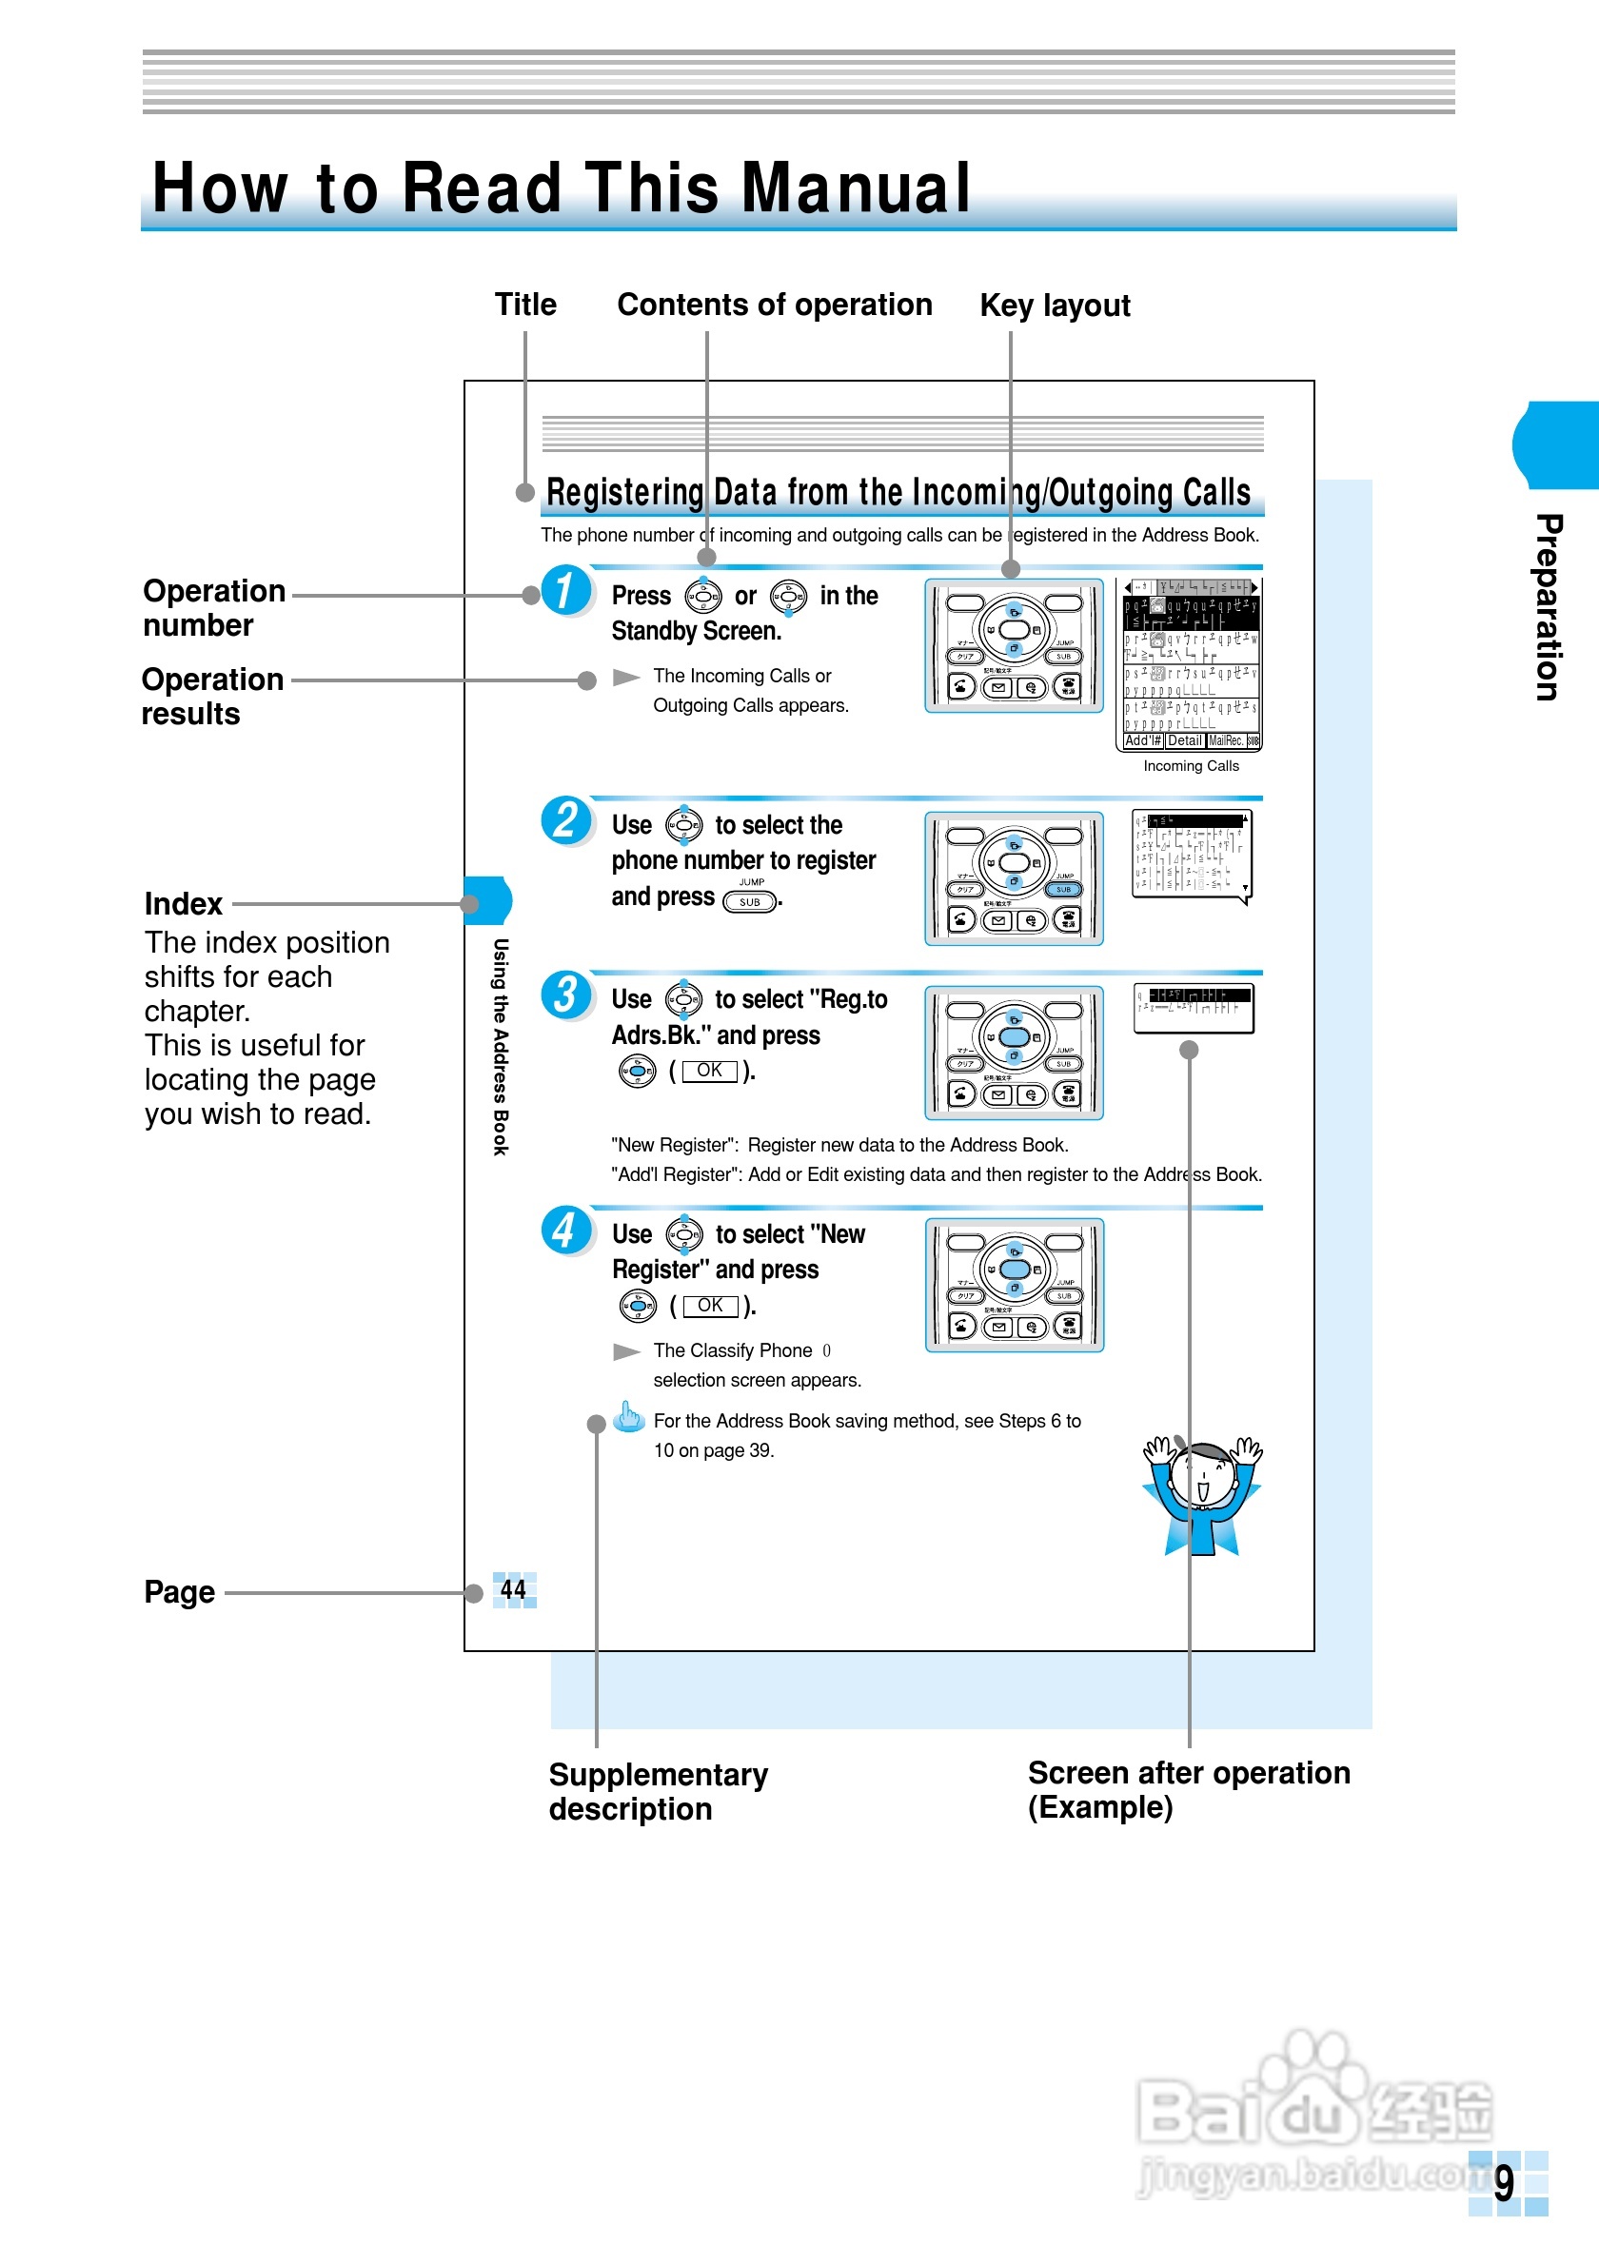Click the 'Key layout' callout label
coord(1055,305)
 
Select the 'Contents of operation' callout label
coord(775,305)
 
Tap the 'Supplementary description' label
coord(658,1791)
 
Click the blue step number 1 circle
coord(566,590)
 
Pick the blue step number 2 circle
coord(566,820)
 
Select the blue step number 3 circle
coord(566,995)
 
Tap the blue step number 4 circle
coord(566,1231)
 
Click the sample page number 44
coord(513,1589)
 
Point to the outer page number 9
coord(1503,2183)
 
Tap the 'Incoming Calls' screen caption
coord(1191,766)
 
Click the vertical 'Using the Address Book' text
coord(501,1047)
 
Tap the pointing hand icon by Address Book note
coord(628,1417)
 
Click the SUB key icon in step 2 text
coord(750,901)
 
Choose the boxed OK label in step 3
coord(709,1071)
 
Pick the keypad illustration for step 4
coord(1014,1286)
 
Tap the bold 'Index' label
coord(184,904)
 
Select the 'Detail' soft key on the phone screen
coord(1185,740)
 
